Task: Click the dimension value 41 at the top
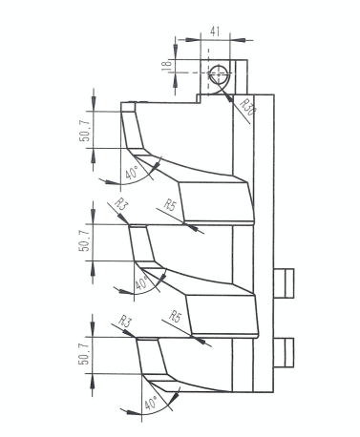click(x=215, y=31)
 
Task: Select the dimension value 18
click(x=166, y=65)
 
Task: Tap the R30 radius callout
click(x=247, y=107)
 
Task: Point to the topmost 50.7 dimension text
click(x=85, y=130)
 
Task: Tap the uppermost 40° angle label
click(x=132, y=172)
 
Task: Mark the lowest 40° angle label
click(x=151, y=403)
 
